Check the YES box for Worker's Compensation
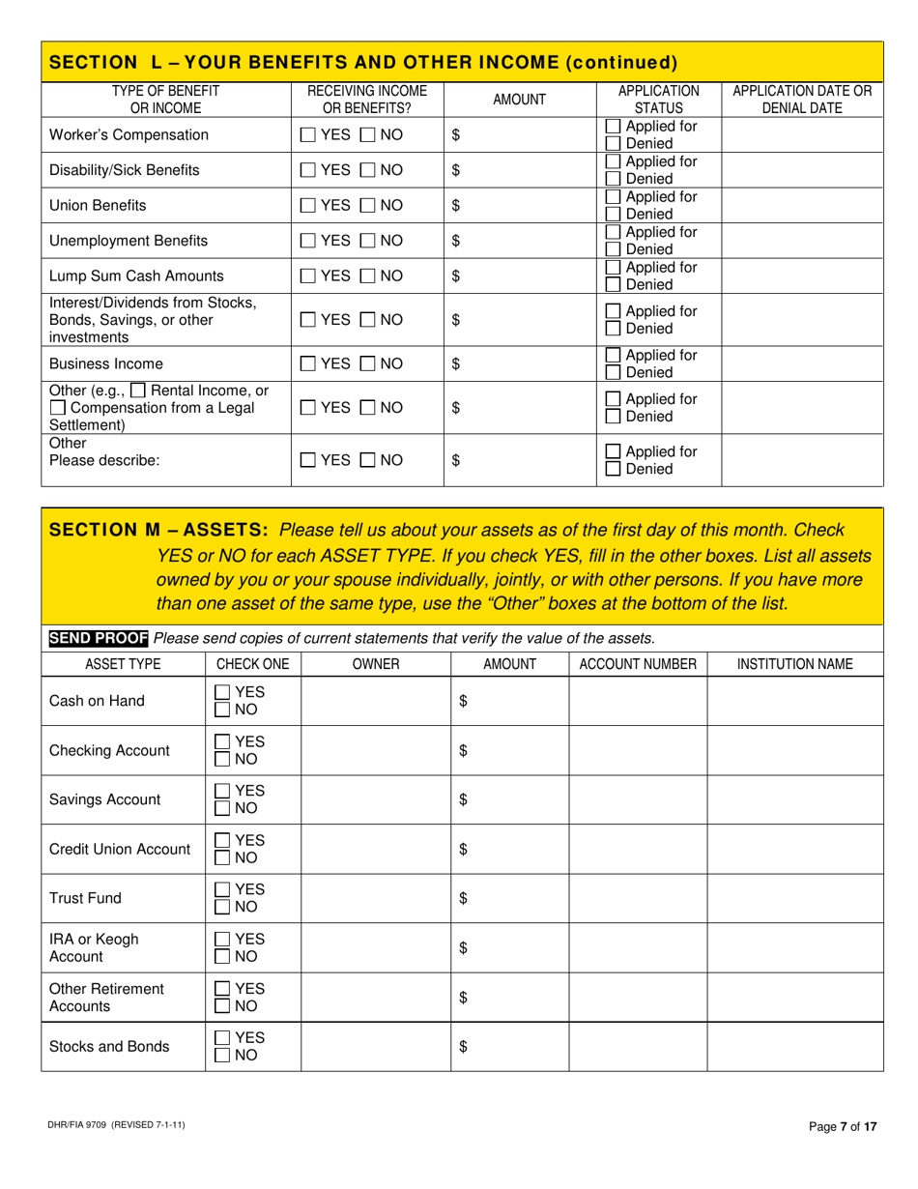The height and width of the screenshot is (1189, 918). tap(307, 135)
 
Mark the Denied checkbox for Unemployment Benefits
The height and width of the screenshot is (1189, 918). tap(613, 249)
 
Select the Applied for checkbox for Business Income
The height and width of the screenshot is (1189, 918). tap(613, 356)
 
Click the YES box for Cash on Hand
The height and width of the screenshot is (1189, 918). tap(222, 692)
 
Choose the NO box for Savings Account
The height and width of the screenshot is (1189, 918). tap(222, 809)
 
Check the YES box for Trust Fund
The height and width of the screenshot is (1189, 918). tap(222, 889)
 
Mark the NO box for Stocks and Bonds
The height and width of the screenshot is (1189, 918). tap(222, 1056)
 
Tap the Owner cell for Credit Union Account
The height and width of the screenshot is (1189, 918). tap(375, 850)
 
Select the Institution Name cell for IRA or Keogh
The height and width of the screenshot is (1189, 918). tap(794, 948)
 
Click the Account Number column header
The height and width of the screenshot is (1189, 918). tap(637, 664)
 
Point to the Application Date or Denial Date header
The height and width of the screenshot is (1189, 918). tap(802, 99)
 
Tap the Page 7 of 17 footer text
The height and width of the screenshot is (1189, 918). tap(842, 1126)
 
